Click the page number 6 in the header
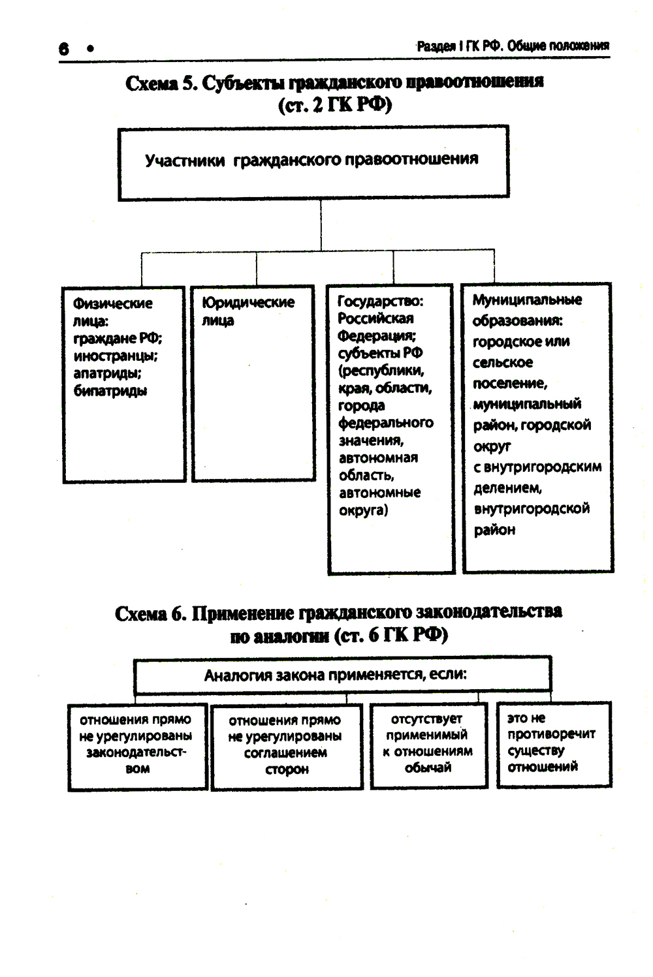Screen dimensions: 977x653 pos(63,48)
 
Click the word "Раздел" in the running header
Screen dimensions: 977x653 pos(436,46)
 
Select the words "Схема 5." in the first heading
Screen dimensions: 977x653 pos(160,84)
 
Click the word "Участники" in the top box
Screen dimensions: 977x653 pos(184,161)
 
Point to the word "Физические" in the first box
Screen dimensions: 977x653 pos(112,303)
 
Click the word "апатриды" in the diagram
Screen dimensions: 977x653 pos(107,373)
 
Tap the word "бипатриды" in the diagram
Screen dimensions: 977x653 pos(110,391)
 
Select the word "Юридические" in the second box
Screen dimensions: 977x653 pos(248,303)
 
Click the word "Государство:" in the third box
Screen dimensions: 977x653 pos(380,301)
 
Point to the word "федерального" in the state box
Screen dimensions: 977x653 pos(385,423)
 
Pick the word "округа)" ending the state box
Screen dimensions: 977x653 pos(363,510)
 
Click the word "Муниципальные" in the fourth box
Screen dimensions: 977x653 pos(527,300)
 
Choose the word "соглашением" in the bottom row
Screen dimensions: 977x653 pos(285,752)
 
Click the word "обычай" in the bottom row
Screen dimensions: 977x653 pos(428,768)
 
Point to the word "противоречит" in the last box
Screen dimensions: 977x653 pos(551,734)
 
